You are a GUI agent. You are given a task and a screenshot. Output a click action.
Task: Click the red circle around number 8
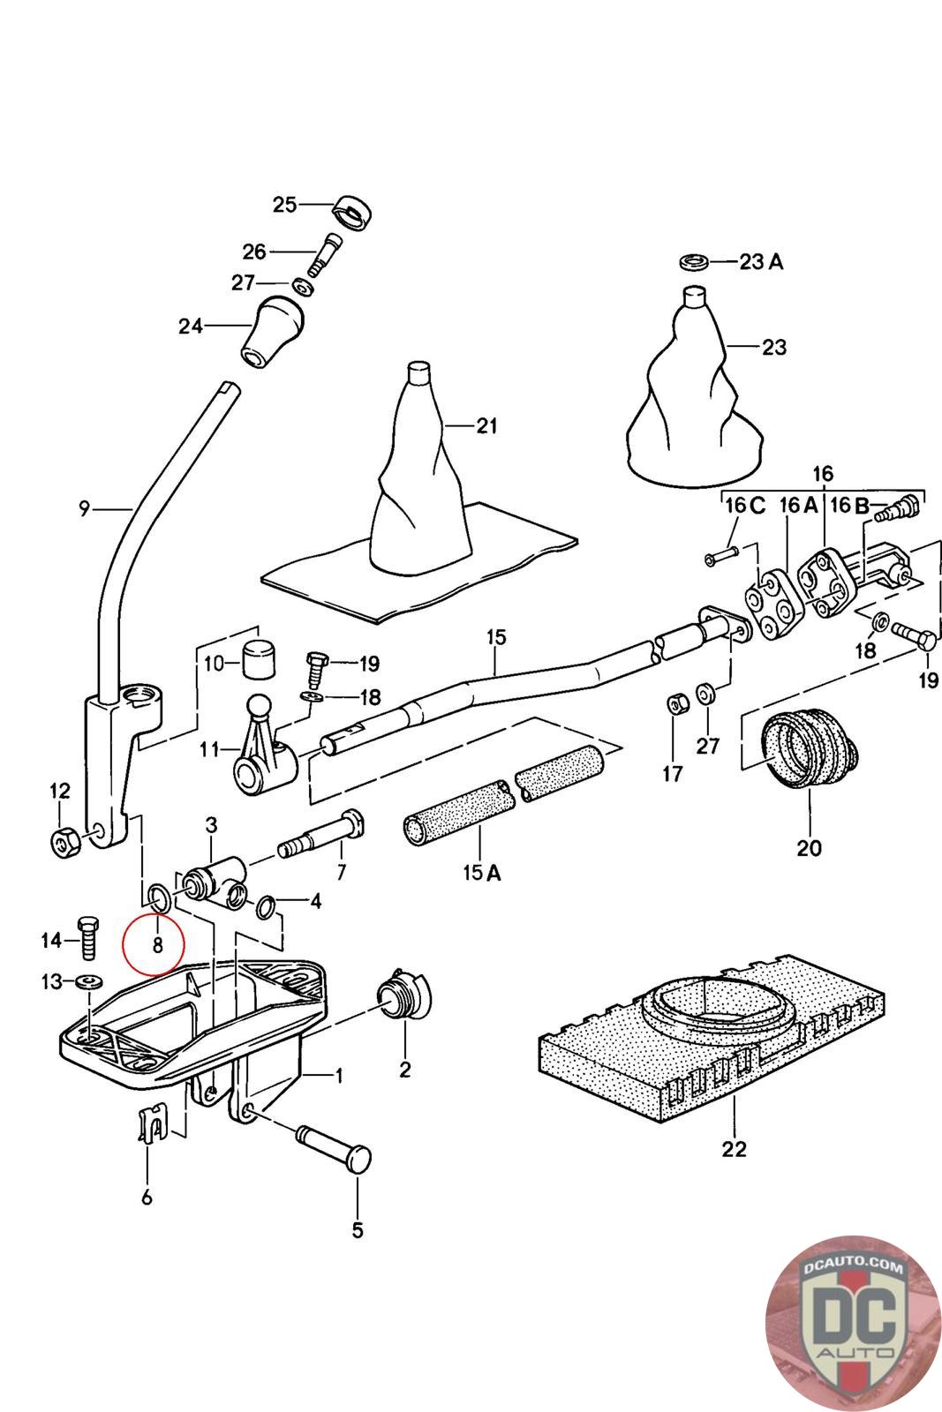point(152,943)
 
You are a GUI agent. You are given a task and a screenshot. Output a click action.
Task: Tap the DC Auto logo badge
point(852,1323)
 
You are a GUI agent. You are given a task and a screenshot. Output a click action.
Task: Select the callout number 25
point(284,205)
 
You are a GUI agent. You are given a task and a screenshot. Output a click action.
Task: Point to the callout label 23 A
point(762,262)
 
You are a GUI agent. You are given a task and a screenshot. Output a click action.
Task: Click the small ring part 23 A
point(695,261)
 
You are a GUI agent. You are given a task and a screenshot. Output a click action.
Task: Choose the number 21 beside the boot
point(486,426)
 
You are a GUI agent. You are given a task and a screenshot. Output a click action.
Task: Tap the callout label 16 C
point(745,506)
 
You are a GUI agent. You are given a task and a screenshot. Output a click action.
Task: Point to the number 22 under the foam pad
point(734,1149)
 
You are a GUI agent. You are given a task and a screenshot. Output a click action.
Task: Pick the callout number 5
point(357,1229)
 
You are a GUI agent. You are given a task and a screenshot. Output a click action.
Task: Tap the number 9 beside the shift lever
point(84,508)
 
